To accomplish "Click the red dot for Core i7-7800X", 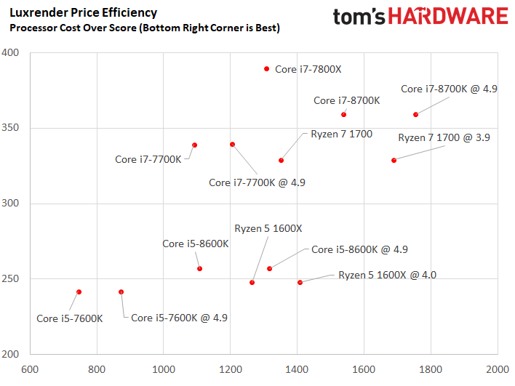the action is coord(267,69).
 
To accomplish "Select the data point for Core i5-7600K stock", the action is coord(79,291).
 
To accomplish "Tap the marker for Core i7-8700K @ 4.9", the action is coord(415,115).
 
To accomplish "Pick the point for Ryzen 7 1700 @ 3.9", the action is coord(394,160).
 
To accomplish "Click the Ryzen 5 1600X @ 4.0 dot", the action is coord(300,282).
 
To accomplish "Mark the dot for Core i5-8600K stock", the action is coord(199,268).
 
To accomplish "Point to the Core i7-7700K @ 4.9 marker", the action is coord(233,145).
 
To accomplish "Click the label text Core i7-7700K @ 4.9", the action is coord(257,182).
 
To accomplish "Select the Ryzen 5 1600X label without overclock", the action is coord(268,228).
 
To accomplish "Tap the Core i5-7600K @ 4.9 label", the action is coord(180,318).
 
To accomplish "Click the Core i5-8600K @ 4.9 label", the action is coord(359,249).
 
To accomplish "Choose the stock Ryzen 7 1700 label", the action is coord(342,134).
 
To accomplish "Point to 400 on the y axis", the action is coord(10,52).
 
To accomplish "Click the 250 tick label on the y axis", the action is coord(10,278).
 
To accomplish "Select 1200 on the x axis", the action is coord(231,369).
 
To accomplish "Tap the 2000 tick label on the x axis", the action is coord(498,369).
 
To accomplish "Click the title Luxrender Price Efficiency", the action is coord(84,13).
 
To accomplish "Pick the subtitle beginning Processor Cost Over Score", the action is coord(145,28).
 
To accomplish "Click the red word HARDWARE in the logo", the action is coord(448,16).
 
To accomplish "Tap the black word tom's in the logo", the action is coord(359,17).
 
